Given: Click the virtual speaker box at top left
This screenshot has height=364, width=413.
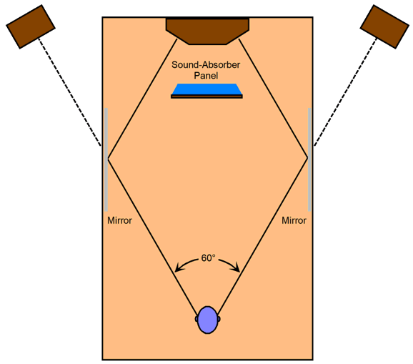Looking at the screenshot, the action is tap(31, 26).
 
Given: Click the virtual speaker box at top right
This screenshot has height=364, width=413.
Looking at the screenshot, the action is tap(384, 26).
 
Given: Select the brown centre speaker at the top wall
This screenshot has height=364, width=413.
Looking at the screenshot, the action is tap(207, 31).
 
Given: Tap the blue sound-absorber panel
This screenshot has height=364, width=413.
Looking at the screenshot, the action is tap(206, 89).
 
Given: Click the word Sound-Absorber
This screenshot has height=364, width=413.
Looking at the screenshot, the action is tap(206, 65).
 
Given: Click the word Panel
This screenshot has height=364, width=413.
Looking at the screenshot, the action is tap(206, 76).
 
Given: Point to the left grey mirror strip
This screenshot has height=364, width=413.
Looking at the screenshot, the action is tap(106, 159).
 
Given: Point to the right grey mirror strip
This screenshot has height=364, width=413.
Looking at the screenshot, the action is tap(309, 159).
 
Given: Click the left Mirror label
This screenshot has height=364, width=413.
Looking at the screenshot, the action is tap(119, 220).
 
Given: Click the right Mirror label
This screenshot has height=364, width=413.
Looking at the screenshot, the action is tap(294, 220).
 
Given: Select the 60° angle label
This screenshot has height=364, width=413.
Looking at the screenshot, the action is tap(208, 258).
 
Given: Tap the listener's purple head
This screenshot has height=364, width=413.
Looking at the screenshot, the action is tap(208, 320).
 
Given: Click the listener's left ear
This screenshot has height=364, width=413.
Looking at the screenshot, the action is tap(196, 319).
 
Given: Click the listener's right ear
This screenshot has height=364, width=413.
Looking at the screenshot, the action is tap(219, 319).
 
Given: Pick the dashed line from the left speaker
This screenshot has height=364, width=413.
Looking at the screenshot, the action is tap(69, 92).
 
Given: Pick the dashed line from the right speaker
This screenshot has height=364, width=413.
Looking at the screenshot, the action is tap(346, 92).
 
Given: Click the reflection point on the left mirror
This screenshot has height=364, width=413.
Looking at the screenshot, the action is tap(108, 158).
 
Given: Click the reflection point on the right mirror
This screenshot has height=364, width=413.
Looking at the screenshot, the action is tap(308, 158).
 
